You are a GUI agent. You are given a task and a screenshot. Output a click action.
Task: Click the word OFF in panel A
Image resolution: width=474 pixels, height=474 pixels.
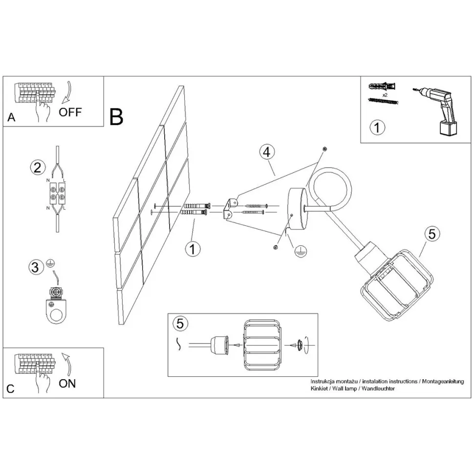tap(70, 112)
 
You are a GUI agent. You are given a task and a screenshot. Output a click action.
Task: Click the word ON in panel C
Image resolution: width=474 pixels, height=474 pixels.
tap(67, 384)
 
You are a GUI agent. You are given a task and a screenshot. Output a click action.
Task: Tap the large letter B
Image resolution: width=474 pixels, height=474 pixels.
tap(116, 117)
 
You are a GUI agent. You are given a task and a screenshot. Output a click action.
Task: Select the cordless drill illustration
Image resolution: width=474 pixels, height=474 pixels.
tap(435, 111)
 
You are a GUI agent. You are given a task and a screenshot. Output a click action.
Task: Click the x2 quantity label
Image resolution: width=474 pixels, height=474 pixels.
tap(385, 95)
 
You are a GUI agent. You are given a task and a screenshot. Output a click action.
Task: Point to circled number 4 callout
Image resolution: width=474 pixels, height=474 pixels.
tap(267, 152)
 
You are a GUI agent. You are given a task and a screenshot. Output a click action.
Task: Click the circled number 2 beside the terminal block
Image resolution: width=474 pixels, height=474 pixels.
tap(38, 168)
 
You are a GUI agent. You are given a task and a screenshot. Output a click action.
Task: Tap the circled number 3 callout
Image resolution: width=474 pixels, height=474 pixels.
tap(35, 267)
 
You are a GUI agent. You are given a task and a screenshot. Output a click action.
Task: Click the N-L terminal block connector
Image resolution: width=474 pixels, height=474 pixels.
tap(57, 194)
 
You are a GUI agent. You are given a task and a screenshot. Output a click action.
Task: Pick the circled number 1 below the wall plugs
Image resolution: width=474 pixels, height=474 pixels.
tap(193, 249)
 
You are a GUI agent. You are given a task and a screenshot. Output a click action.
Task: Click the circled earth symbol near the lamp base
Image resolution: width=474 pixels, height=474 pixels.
tap(301, 251)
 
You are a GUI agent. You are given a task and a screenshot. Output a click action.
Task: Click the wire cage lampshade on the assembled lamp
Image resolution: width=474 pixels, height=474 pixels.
tap(396, 285)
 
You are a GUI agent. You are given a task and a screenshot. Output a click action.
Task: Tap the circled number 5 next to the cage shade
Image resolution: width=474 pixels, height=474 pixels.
tap(432, 234)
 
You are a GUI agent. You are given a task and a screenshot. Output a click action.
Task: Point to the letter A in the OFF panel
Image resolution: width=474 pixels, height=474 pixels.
tap(11, 117)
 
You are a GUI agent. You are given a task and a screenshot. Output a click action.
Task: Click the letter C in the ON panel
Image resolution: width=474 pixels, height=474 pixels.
tap(10, 389)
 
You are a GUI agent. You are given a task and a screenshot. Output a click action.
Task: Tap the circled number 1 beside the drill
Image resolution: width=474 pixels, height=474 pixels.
tap(377, 127)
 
